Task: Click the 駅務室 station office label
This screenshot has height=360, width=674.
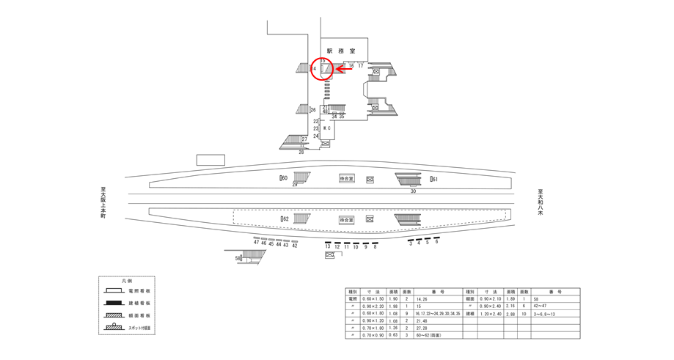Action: (x=341, y=51)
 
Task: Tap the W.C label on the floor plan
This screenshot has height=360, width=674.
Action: (x=327, y=129)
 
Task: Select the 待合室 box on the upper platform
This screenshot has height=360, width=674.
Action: (x=346, y=178)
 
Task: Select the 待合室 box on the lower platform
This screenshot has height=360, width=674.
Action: (x=346, y=219)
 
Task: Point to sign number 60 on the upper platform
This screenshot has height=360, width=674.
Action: (x=284, y=178)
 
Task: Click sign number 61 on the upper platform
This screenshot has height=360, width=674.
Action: (x=434, y=179)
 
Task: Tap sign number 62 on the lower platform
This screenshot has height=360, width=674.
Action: (x=284, y=219)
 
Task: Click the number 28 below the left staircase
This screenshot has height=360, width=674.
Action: (x=301, y=152)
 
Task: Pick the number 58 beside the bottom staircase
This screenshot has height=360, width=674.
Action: (x=238, y=258)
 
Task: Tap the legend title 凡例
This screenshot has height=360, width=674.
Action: (x=128, y=281)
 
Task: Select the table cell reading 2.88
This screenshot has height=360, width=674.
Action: (x=511, y=314)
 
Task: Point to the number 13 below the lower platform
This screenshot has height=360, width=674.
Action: (x=328, y=247)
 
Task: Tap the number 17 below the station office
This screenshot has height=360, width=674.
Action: (x=361, y=66)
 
